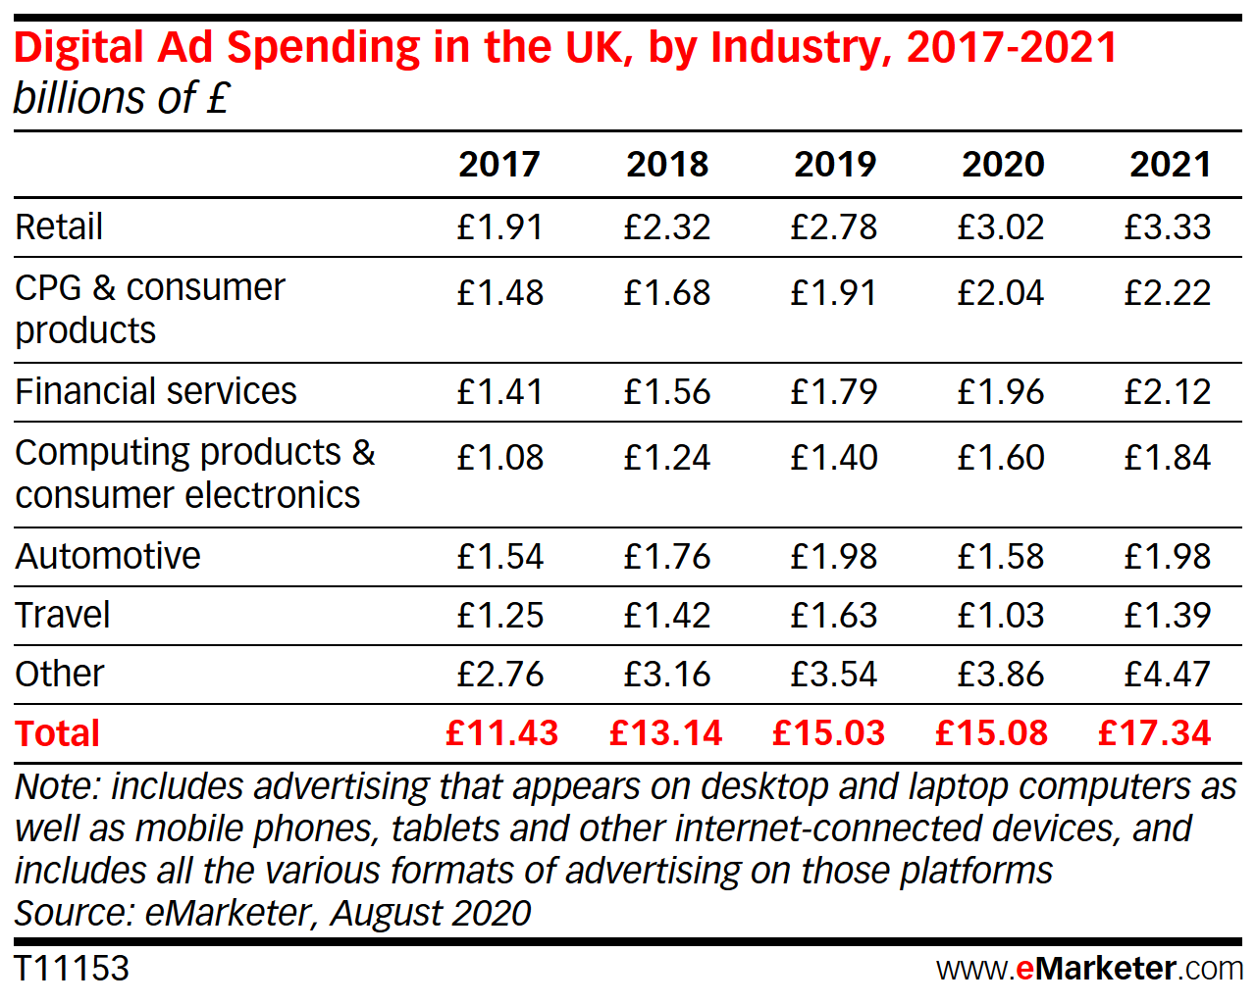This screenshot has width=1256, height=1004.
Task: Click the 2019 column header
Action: click(835, 164)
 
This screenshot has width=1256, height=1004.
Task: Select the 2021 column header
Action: click(1170, 164)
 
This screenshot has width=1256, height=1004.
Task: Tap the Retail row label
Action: click(59, 226)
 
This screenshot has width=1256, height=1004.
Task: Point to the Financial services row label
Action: click(155, 391)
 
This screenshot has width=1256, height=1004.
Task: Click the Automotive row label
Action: click(108, 556)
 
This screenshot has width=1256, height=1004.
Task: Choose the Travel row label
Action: click(63, 615)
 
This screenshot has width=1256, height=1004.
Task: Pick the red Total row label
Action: click(58, 733)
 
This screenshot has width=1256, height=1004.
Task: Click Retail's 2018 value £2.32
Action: click(667, 226)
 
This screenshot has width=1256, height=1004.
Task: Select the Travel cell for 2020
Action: click(1001, 615)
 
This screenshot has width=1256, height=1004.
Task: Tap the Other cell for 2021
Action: click(1168, 674)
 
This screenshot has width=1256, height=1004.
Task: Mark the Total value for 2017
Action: click(501, 733)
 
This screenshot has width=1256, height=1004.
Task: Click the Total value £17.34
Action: click(1155, 733)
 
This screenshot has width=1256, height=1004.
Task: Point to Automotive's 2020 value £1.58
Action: click(1001, 556)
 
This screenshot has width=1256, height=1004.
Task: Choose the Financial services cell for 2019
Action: click(834, 391)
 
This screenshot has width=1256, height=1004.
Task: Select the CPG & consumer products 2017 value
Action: click(500, 292)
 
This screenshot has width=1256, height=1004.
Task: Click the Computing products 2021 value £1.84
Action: click(1168, 457)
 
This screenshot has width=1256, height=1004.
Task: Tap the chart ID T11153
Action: click(72, 969)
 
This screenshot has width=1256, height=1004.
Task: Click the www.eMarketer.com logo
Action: click(1089, 969)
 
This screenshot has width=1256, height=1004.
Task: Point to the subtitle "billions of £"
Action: click(122, 98)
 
